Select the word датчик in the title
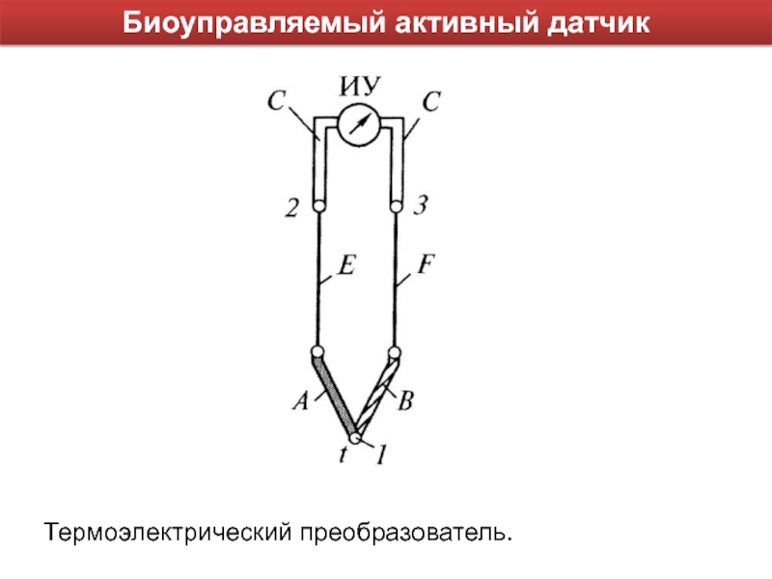pyautogui.click(x=600, y=22)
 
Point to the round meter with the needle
pyautogui.click(x=358, y=126)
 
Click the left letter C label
pyautogui.click(x=276, y=98)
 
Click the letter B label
pyautogui.click(x=406, y=402)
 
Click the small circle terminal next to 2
pyautogui.click(x=317, y=206)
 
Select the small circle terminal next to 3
pyautogui.click(x=396, y=206)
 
